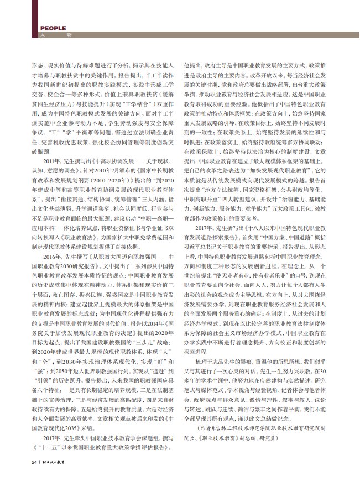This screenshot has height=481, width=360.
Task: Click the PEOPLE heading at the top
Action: point(54,29)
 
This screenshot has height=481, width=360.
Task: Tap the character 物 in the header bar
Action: point(69,36)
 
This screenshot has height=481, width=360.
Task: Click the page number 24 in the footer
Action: point(34,462)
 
